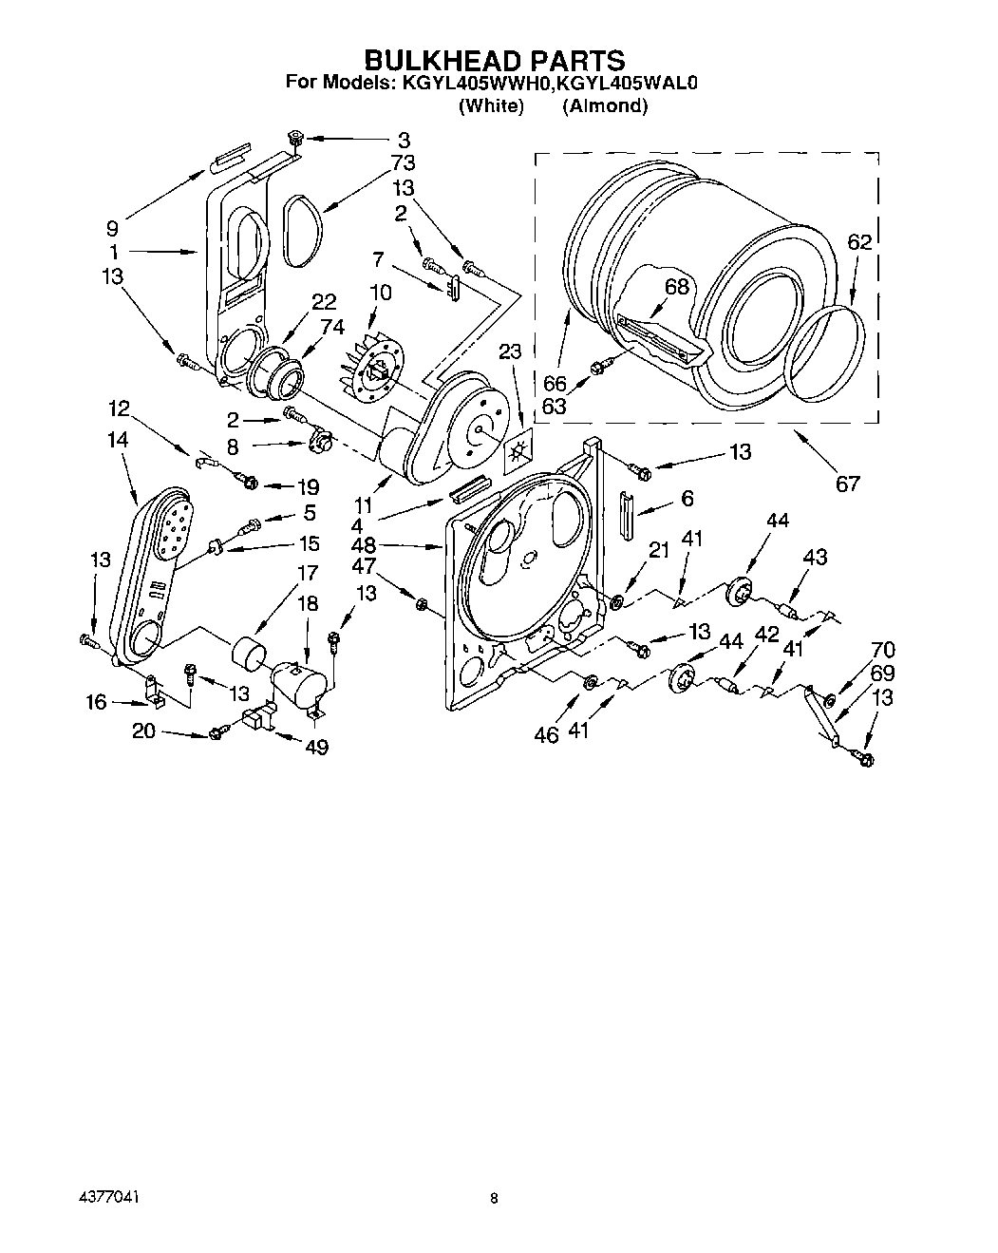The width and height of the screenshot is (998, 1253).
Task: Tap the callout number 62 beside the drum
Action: [x=858, y=243]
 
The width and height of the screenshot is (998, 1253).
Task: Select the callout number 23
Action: [x=510, y=351]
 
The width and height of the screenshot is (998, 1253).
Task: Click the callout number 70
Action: [x=882, y=651]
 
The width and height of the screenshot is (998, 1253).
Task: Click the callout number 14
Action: [x=119, y=440]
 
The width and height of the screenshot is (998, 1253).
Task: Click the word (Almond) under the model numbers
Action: [x=604, y=105]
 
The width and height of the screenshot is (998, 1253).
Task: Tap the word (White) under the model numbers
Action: [x=491, y=105]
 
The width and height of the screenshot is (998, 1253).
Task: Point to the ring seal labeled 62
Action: [x=827, y=352]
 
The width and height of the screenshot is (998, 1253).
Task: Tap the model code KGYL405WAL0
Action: [x=629, y=84]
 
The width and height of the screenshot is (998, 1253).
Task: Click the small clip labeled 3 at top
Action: [x=294, y=139]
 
